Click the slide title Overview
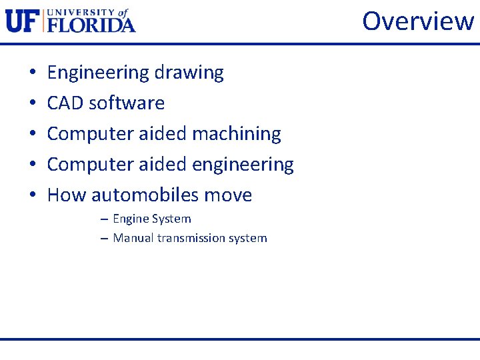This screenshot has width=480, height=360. tap(418, 21)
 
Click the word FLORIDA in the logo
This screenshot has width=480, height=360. tap(91, 25)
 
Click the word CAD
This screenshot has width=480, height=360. tap(65, 103)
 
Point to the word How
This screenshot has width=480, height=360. tap(67, 195)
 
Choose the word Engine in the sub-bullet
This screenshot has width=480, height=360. tap(131, 219)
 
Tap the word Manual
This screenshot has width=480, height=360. tap(133, 238)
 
